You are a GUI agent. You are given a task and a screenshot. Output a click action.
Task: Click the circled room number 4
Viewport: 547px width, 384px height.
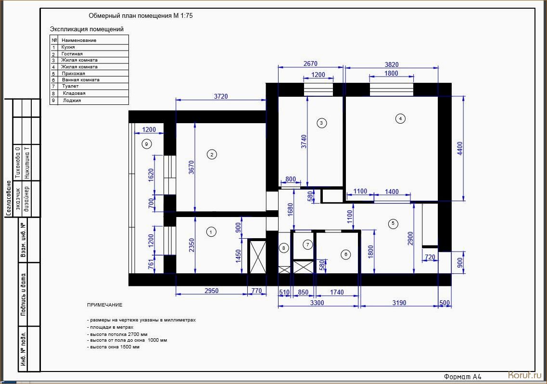(400, 119)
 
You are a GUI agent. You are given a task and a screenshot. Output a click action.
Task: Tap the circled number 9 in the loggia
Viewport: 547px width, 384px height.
(147, 144)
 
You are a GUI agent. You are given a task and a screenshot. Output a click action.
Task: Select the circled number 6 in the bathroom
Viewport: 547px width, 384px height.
(346, 254)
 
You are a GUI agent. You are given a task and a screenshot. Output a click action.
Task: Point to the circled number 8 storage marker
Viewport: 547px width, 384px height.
(284, 248)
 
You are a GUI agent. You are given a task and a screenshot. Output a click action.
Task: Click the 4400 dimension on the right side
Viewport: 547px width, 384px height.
(460, 148)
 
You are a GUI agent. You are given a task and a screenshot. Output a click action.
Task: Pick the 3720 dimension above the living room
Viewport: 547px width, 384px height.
(221, 96)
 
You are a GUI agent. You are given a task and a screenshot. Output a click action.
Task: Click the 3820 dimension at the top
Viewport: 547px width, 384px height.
(392, 64)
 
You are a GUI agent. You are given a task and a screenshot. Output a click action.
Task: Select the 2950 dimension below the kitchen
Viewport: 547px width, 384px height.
(211, 291)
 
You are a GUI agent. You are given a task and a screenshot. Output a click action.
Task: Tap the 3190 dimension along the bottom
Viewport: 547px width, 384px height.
(399, 303)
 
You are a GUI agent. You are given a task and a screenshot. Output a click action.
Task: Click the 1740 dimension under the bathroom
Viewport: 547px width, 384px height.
(337, 292)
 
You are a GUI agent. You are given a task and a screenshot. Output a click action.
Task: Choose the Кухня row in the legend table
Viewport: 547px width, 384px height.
(68, 47)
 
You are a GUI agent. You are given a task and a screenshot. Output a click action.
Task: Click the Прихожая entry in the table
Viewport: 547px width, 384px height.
(73, 74)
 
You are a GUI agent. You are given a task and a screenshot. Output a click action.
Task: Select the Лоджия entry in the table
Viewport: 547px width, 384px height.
(72, 101)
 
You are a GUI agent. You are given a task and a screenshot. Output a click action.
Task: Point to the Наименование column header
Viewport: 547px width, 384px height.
(79, 40)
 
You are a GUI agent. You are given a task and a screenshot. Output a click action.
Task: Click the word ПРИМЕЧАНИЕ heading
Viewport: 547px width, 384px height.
(105, 305)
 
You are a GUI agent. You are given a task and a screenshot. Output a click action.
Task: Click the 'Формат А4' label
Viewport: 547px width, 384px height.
(463, 377)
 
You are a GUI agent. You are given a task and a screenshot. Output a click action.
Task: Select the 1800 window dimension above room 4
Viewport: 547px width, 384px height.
(391, 73)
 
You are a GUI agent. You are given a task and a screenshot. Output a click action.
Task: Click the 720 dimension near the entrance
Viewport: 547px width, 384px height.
(430, 257)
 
